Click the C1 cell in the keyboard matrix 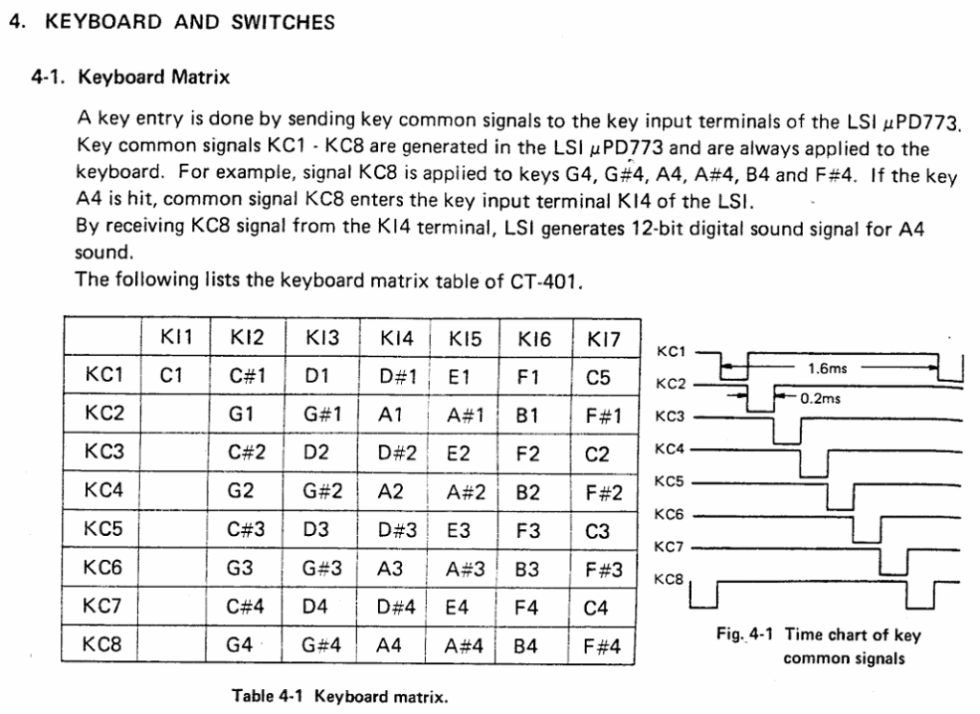tap(171, 377)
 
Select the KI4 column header tap(397, 338)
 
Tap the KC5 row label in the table tap(102, 528)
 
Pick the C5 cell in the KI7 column tap(598, 377)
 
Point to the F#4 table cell tap(602, 646)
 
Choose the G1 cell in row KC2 tap(241, 415)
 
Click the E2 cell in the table tap(458, 454)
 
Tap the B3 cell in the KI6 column tap(527, 569)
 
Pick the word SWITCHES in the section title tap(283, 23)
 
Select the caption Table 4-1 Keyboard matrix tap(340, 696)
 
